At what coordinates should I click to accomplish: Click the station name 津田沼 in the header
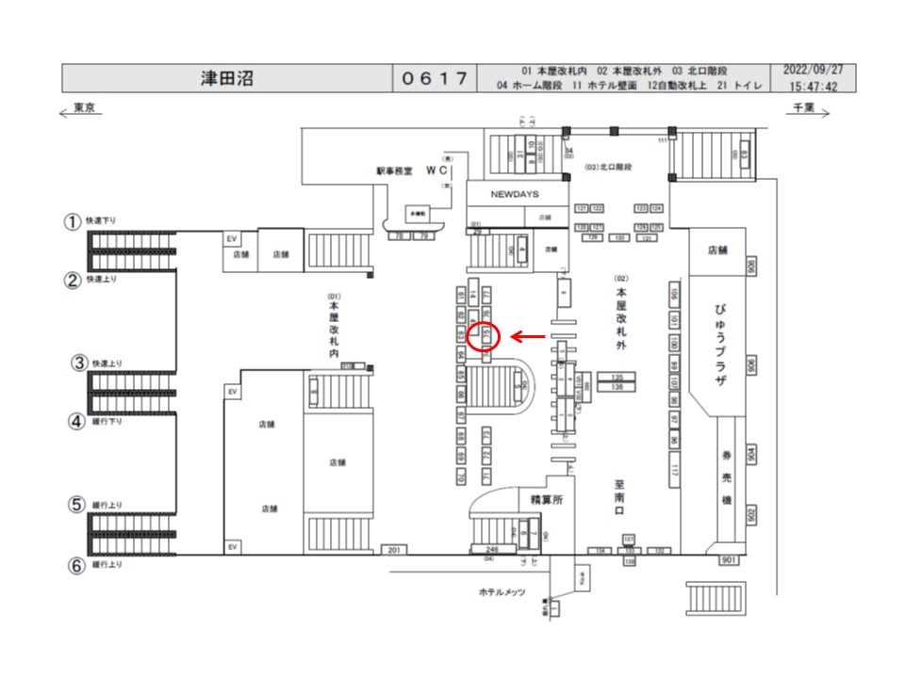[226, 78]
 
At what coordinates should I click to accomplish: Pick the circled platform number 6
[74, 565]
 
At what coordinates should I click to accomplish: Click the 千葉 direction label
[803, 109]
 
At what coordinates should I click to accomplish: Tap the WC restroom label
[436, 170]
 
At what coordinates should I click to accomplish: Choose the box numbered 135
[617, 377]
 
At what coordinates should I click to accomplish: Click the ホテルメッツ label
[501, 592]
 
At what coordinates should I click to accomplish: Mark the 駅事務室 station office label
[395, 171]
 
